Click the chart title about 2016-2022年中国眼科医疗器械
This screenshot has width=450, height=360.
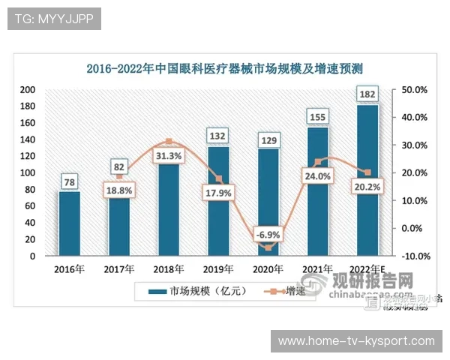pyautogui.click(x=225, y=70)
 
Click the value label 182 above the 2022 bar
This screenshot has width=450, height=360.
pyautogui.click(x=367, y=94)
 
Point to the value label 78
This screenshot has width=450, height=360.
pyautogui.click(x=69, y=181)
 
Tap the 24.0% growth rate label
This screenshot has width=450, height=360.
pyautogui.click(x=316, y=176)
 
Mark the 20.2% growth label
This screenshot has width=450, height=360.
pyautogui.click(x=367, y=187)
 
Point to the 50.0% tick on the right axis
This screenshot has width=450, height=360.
pyautogui.click(x=415, y=89)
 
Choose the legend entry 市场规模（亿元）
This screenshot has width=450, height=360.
pyautogui.click(x=187, y=290)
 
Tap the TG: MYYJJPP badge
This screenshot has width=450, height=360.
pyautogui.click(x=54, y=19)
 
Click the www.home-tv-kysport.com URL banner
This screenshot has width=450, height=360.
pyautogui.click(x=356, y=341)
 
